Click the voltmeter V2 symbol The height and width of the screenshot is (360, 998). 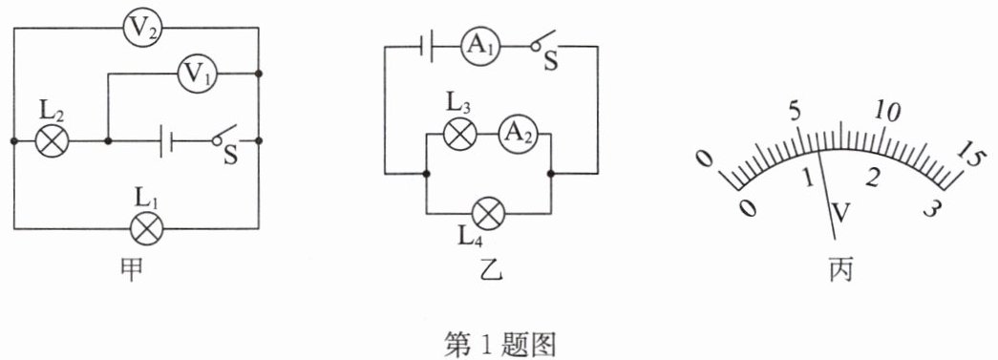141,29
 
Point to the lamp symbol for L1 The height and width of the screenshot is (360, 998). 146,228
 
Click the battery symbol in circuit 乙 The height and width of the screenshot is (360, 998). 427,47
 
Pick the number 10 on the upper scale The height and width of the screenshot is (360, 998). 887,112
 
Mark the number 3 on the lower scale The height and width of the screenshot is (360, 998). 932,208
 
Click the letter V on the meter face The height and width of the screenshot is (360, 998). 840,214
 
